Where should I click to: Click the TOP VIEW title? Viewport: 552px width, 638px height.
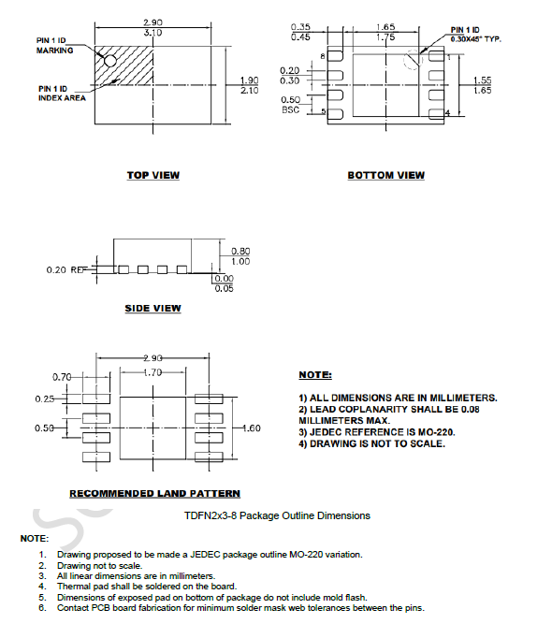tap(153, 175)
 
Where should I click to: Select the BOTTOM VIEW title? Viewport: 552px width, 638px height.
tap(385, 175)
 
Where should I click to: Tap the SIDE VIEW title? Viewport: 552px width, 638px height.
tap(153, 309)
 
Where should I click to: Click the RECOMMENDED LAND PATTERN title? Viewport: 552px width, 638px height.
tap(154, 493)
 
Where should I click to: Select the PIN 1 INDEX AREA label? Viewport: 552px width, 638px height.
tap(57, 93)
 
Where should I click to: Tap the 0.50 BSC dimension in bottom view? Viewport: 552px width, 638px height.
tap(290, 104)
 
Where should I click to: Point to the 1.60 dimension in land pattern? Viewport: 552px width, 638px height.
tap(252, 428)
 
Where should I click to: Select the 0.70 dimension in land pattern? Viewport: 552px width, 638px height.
tap(62, 376)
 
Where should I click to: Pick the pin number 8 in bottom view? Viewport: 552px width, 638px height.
tap(324, 57)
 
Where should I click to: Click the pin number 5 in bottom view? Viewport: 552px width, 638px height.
tap(324, 112)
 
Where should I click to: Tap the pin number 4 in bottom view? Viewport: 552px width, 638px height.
tap(447, 113)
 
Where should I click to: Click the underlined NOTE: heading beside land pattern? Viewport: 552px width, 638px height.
tap(315, 375)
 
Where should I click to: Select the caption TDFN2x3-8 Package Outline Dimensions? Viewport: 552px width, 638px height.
tap(277, 515)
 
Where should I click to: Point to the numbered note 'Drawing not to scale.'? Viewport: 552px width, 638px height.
tap(100, 565)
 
